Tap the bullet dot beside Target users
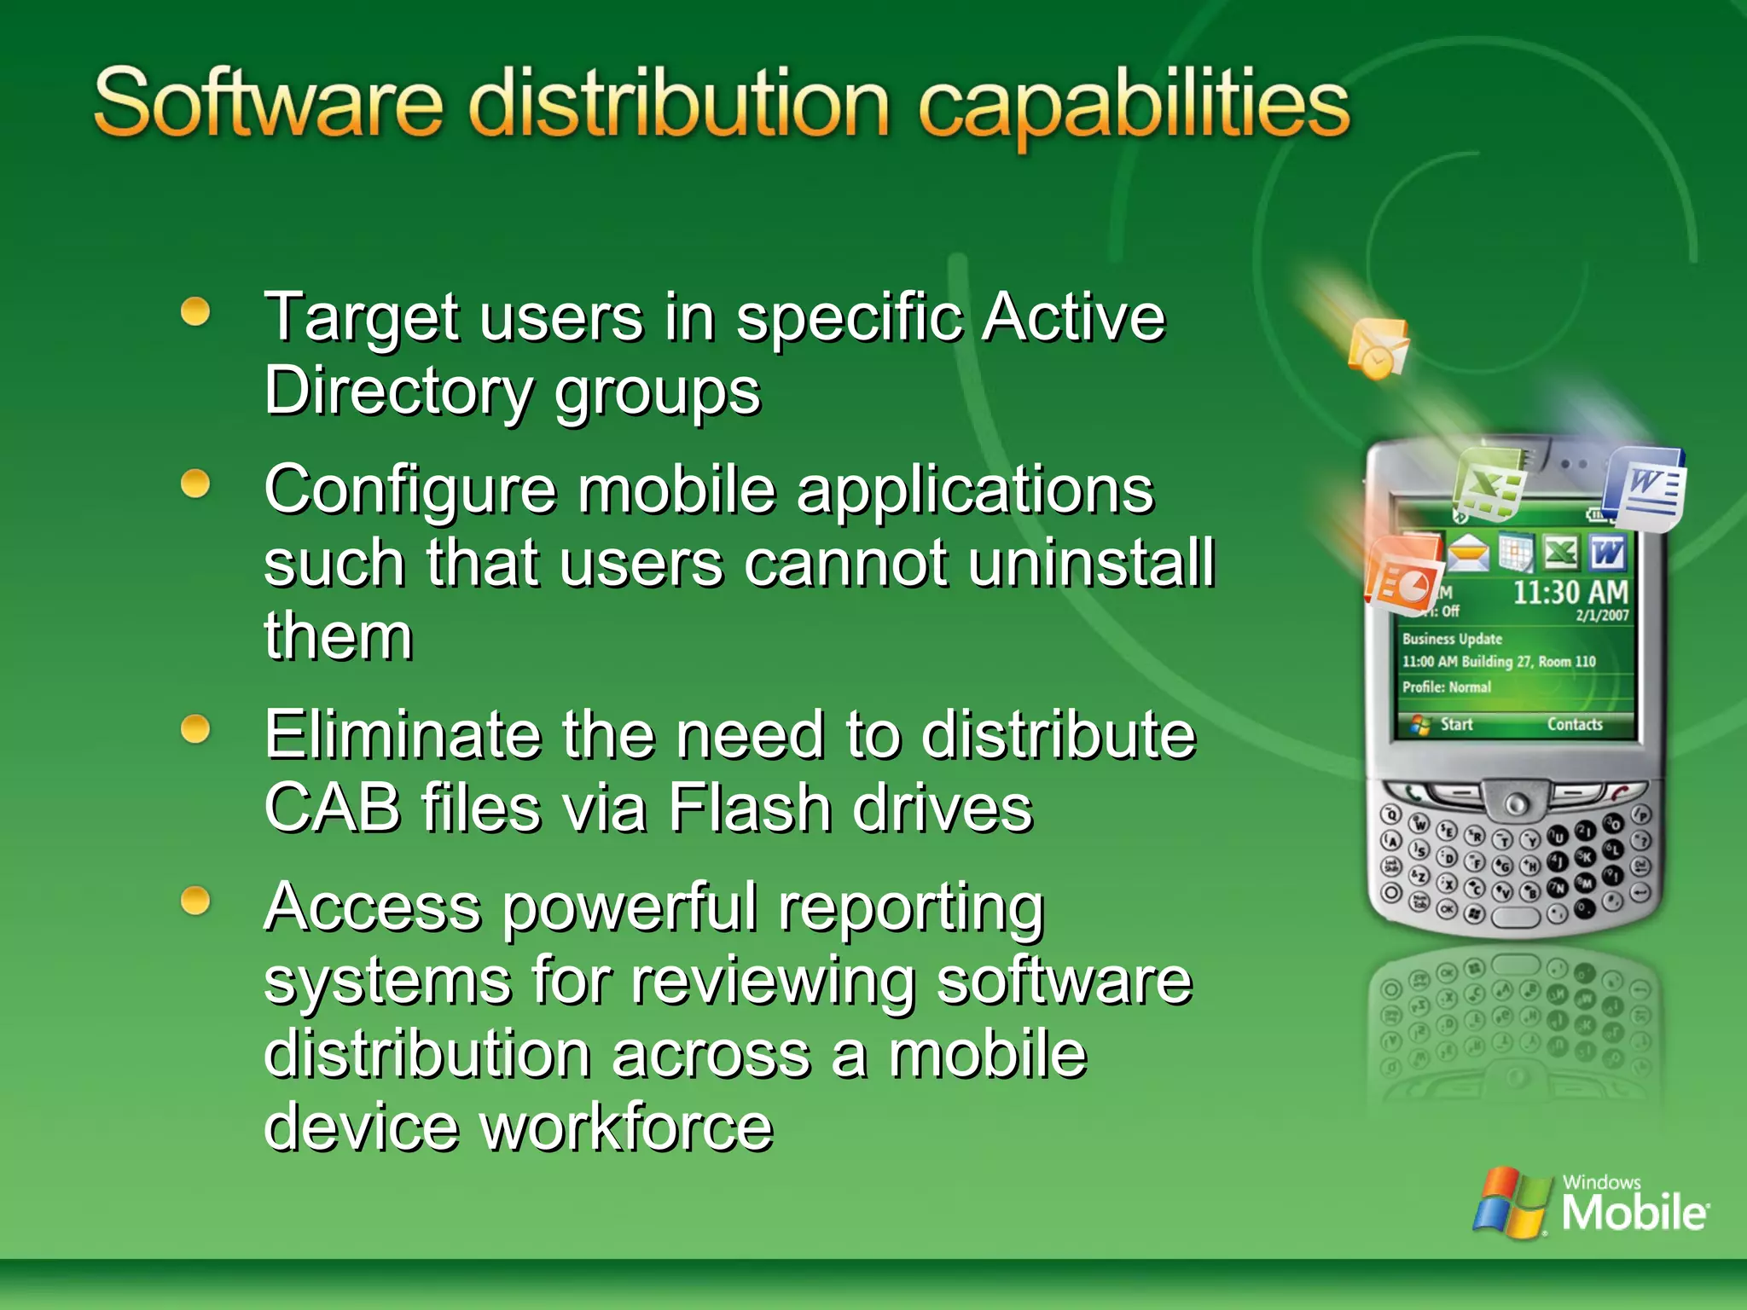(196, 311)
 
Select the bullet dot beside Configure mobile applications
(196, 484)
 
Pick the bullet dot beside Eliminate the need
(196, 729)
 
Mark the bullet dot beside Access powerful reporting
(196, 901)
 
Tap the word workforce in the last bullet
(627, 1127)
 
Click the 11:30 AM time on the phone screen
(1570, 592)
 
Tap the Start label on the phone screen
(1456, 724)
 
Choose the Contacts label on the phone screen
(1575, 724)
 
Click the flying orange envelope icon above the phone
(1377, 348)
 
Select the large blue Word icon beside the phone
(1645, 489)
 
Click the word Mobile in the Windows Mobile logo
(1634, 1212)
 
